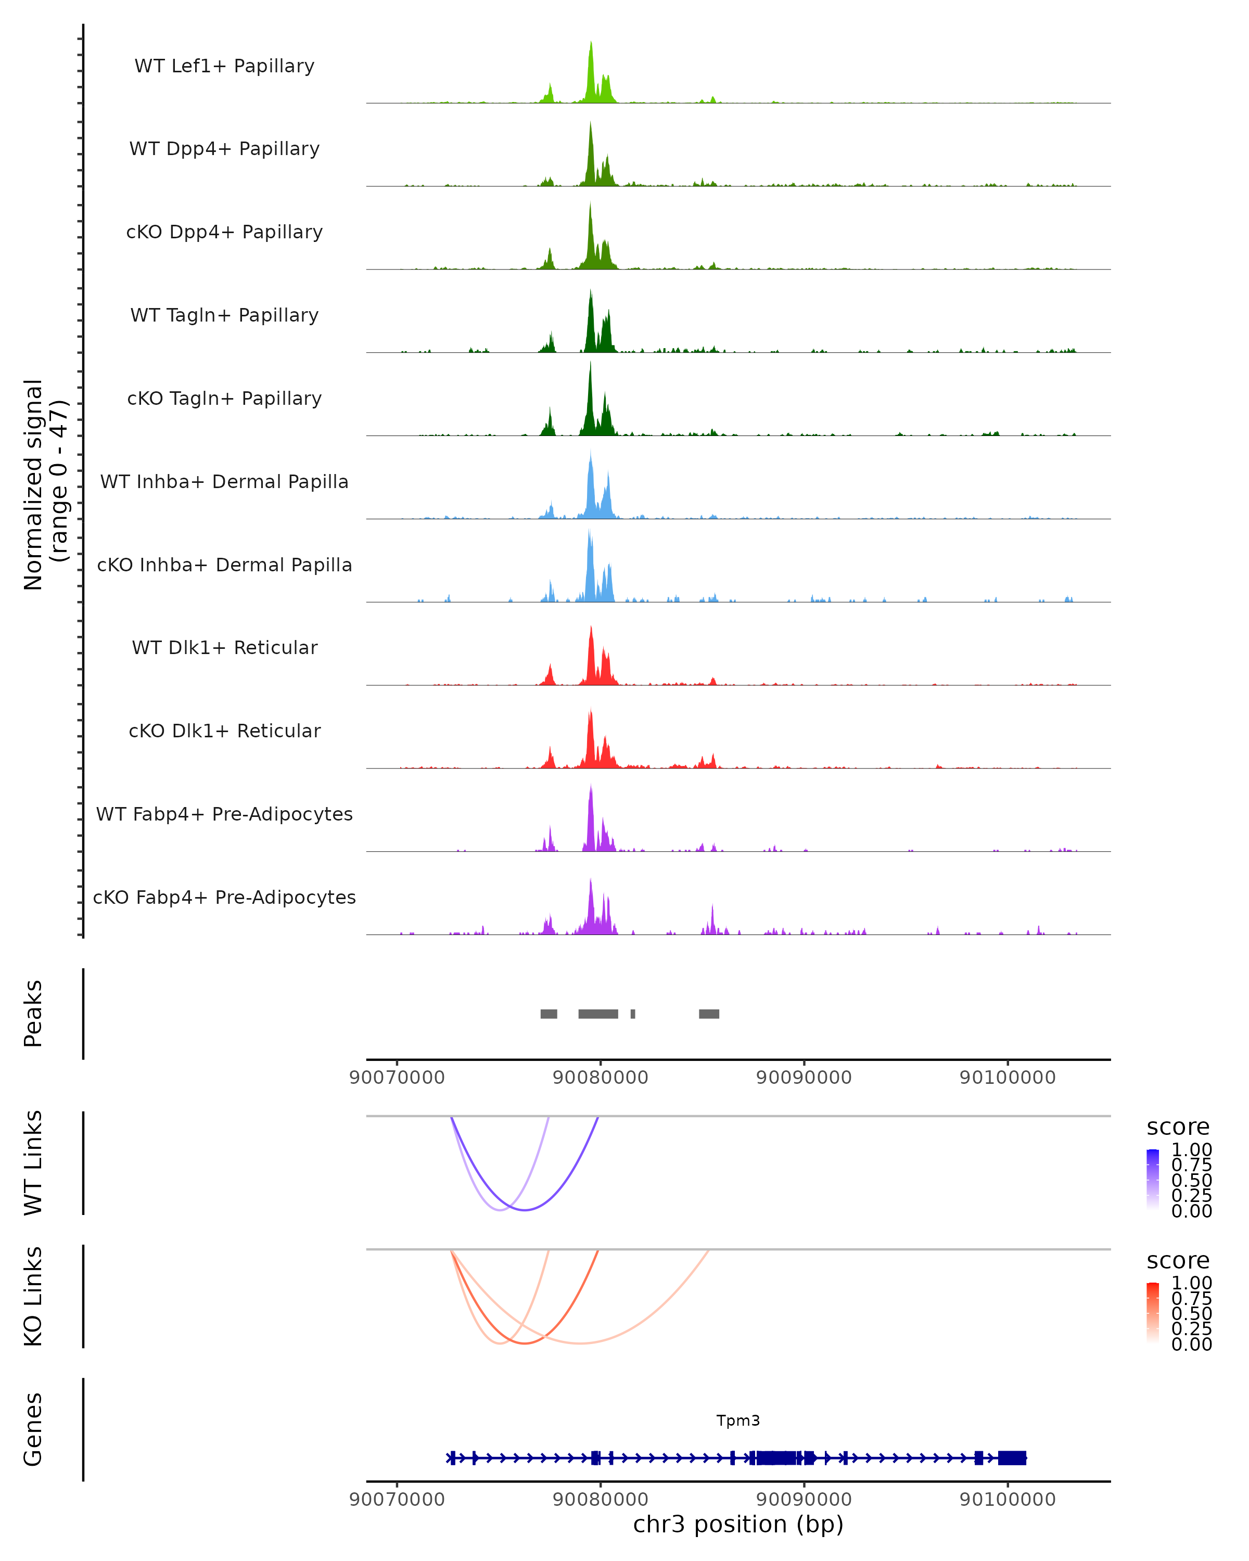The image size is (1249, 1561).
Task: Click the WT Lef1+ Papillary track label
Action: click(224, 66)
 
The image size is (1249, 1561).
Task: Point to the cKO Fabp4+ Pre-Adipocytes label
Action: click(224, 897)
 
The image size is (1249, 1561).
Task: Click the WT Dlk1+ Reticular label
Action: click(224, 647)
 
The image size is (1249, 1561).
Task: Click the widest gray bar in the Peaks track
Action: click(598, 1014)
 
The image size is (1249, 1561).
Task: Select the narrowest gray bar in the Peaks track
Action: click(633, 1014)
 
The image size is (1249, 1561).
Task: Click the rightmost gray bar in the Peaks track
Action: click(709, 1014)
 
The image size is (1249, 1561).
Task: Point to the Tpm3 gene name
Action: click(738, 1421)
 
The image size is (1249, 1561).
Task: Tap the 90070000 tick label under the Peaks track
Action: click(397, 1078)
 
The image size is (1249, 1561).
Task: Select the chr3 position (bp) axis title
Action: click(738, 1525)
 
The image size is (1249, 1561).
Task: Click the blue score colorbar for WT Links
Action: click(1153, 1180)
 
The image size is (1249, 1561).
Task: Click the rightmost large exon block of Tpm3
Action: click(1012, 1458)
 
